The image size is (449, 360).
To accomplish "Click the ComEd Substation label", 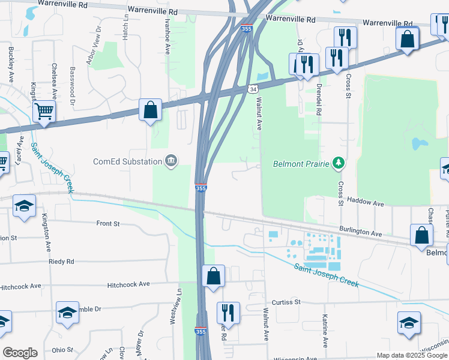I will [x=127, y=161].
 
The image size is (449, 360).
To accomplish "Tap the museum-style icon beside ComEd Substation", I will [x=171, y=161].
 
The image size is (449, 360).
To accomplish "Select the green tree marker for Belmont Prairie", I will [x=339, y=163].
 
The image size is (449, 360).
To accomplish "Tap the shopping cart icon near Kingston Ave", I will [x=44, y=110].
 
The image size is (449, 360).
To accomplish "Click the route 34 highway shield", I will [x=253, y=89].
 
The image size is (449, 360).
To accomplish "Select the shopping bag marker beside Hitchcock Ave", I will [x=213, y=276].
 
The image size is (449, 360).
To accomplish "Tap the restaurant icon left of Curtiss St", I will [x=228, y=313].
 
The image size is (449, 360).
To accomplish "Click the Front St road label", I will [x=108, y=223].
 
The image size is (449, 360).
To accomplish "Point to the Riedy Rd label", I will [x=62, y=262].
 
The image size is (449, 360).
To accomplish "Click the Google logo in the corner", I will [x=20, y=353].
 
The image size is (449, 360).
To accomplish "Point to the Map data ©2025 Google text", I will [x=411, y=355].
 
